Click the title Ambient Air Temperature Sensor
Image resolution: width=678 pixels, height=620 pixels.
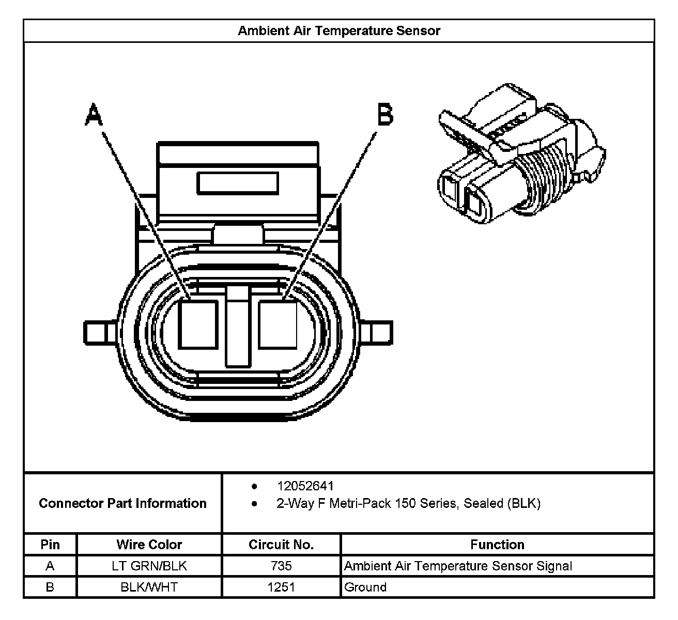tap(338, 30)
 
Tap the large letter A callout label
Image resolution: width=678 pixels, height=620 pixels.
tap(94, 115)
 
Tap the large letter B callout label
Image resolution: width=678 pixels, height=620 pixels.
tap(385, 115)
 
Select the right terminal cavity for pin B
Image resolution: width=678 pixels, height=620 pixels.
tap(278, 324)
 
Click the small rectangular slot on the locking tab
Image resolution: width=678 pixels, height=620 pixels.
tap(238, 183)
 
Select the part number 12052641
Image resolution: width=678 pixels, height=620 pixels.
tap(305, 486)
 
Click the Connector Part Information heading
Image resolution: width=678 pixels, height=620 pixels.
tap(122, 503)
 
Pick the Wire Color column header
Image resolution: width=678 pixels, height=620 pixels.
tap(149, 545)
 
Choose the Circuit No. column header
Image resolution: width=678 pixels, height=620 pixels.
tap(281, 545)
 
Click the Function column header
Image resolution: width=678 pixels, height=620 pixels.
tap(497, 545)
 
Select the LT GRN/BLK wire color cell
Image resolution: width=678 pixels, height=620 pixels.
tap(149, 566)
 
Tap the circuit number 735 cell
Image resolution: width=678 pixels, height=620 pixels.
tap(281, 566)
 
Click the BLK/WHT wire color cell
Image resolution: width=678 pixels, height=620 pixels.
tap(149, 587)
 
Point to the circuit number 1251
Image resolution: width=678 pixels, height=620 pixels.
tap(281, 587)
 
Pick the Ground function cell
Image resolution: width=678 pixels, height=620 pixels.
tap(365, 587)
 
